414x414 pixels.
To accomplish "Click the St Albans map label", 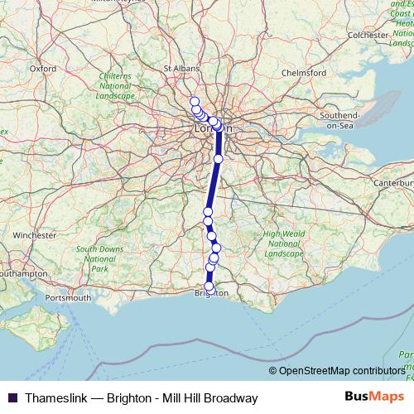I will click(179, 69).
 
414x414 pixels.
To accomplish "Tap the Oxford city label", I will click(42, 69).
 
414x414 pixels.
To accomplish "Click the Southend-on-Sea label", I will click(339, 119).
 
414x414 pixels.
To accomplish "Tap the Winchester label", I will click(33, 234).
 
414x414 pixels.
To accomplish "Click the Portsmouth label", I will click(69, 296).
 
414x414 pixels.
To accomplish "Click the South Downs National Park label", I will click(99, 258).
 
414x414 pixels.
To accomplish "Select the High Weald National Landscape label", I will click(283, 243).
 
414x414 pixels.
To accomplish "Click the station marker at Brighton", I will click(209, 286).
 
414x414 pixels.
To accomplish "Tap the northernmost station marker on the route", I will click(195, 101).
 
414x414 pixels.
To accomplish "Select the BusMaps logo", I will click(371, 397).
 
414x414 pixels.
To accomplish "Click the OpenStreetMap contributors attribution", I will click(341, 371).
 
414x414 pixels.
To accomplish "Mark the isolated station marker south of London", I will click(219, 158).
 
